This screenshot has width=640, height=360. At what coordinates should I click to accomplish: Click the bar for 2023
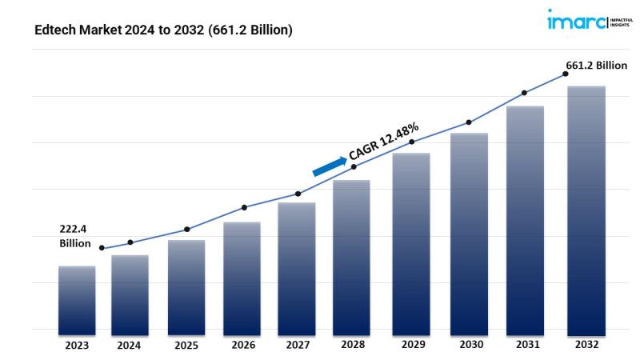77,298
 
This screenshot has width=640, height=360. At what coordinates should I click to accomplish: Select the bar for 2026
242,277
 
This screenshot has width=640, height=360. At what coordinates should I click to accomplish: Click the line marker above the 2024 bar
130,242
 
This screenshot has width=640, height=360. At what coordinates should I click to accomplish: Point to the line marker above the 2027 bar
298,194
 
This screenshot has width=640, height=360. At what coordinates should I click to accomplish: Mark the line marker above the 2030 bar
469,122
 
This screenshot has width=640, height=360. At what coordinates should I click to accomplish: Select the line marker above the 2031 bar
525,93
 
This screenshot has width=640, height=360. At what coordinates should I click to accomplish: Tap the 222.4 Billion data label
74,236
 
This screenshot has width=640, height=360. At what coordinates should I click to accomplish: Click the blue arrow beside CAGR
328,164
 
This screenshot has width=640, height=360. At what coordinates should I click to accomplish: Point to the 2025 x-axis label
186,346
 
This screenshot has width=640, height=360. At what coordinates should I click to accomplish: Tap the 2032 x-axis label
586,346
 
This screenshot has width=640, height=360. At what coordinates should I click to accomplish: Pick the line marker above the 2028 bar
354,166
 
